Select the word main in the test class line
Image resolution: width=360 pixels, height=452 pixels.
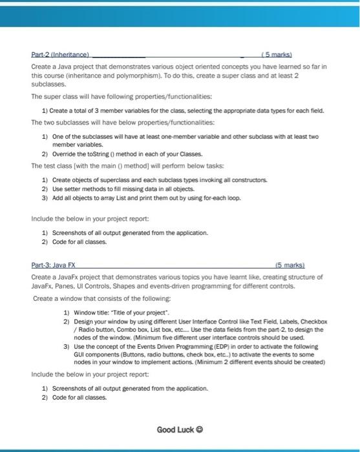(101, 166)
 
